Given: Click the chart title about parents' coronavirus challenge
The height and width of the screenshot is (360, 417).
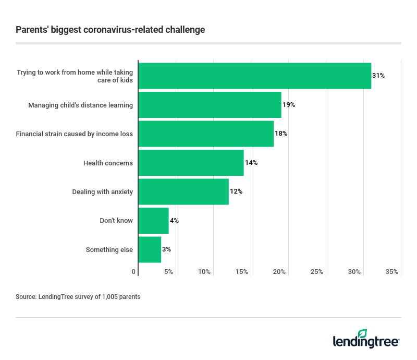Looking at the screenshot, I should coord(111,30).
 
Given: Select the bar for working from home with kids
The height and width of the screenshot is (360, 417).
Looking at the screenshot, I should coord(254,76).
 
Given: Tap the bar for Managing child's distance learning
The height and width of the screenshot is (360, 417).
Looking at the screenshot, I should coord(210,105).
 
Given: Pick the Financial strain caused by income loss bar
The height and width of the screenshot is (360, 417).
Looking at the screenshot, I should coord(206,134).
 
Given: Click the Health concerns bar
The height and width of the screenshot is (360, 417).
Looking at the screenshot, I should coord(191,163).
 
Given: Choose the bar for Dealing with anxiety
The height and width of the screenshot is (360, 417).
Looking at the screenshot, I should coord(183,191).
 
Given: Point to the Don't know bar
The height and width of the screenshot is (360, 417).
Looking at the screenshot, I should coord(153,221).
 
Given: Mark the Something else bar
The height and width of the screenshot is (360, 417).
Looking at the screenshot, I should coord(150,249).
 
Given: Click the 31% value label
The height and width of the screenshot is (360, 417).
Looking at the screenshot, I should coord(378,76).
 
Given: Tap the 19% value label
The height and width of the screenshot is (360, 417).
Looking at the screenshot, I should coord(289,105).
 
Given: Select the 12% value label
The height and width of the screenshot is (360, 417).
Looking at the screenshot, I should coord(236,191).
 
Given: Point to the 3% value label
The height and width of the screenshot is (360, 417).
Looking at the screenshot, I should coord(166,249).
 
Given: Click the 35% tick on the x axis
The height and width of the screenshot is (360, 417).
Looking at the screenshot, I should coord(392,272).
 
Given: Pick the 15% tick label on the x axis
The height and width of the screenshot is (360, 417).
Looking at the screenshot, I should coord(242,272).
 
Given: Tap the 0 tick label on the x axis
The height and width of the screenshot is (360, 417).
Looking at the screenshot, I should coord(134,272).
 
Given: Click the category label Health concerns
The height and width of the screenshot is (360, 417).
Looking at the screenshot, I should coord(108,163).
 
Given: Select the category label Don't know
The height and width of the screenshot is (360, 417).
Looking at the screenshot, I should coord(116,221).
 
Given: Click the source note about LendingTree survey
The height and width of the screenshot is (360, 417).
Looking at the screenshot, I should coord(78,297).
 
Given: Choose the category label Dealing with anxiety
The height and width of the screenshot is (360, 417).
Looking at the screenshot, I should coord(102,191).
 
